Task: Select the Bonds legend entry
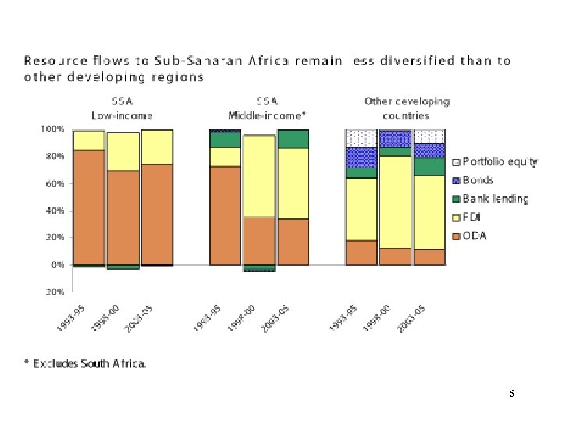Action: click(478, 180)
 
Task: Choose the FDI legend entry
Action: click(472, 218)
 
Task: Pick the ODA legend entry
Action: click(474, 236)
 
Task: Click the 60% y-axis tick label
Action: click(53, 184)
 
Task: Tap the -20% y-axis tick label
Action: click(52, 292)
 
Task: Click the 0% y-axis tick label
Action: click(56, 265)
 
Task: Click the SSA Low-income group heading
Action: click(122, 108)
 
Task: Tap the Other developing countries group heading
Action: click(407, 108)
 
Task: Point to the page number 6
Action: click(510, 394)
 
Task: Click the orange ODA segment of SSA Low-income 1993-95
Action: click(88, 207)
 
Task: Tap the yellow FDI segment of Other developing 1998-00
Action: click(396, 201)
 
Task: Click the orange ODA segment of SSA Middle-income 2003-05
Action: click(293, 242)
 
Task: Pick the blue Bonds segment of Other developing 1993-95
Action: click(361, 157)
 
